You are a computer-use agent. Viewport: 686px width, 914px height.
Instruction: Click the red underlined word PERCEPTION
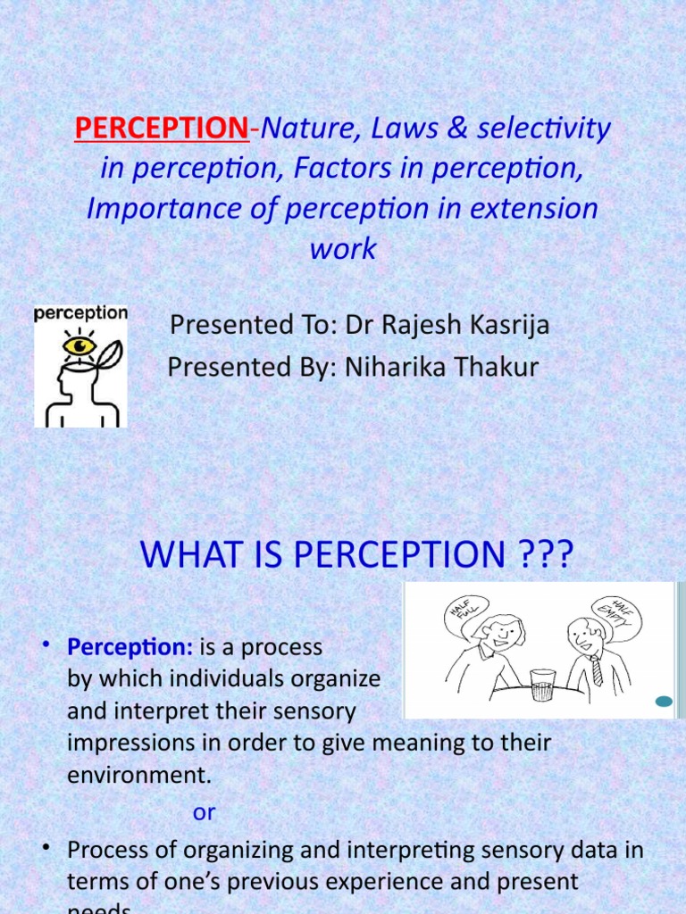coord(162,129)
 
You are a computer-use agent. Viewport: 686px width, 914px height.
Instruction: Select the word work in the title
coord(343,249)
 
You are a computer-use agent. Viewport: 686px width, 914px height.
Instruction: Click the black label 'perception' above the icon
coord(80,313)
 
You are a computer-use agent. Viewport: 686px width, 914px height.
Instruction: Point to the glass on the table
coord(542,684)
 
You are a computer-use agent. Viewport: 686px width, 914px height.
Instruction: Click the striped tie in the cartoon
coord(597,669)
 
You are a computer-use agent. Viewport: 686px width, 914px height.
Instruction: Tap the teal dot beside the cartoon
coord(663,702)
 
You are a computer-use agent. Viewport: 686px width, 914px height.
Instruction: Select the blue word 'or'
coord(205,812)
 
